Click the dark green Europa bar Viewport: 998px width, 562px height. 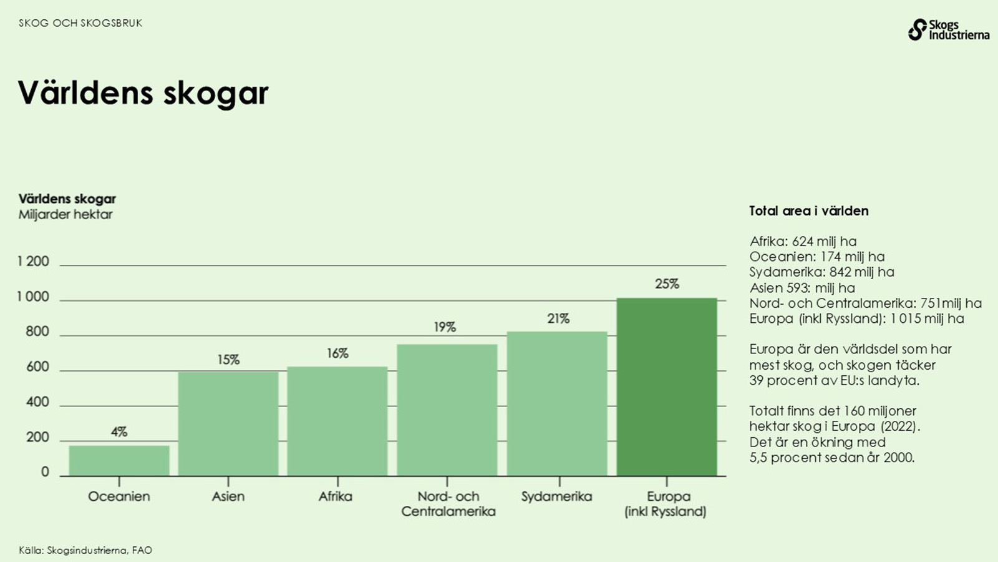[x=666, y=387]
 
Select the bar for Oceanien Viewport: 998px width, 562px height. [x=119, y=461]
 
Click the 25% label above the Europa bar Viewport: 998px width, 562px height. [x=667, y=284]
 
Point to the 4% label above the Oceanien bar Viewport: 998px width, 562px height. [x=119, y=431]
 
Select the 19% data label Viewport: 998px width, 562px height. [x=445, y=327]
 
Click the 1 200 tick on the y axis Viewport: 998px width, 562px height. [x=34, y=262]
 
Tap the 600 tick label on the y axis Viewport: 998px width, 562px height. [x=37, y=367]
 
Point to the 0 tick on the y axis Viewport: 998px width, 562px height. [x=45, y=472]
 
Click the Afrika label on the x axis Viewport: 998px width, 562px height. [x=336, y=496]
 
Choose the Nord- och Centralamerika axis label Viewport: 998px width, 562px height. [x=448, y=504]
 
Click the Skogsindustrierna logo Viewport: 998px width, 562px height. [x=948, y=30]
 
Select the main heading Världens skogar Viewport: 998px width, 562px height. [x=143, y=93]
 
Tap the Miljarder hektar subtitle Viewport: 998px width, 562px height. [x=65, y=214]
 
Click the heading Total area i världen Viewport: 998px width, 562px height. [x=808, y=211]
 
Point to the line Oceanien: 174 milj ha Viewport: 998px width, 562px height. [x=817, y=257]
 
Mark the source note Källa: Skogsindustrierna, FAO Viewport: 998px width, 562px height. [x=85, y=550]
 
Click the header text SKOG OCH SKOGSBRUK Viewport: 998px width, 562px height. [x=80, y=23]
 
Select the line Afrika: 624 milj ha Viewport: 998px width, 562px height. [x=803, y=242]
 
